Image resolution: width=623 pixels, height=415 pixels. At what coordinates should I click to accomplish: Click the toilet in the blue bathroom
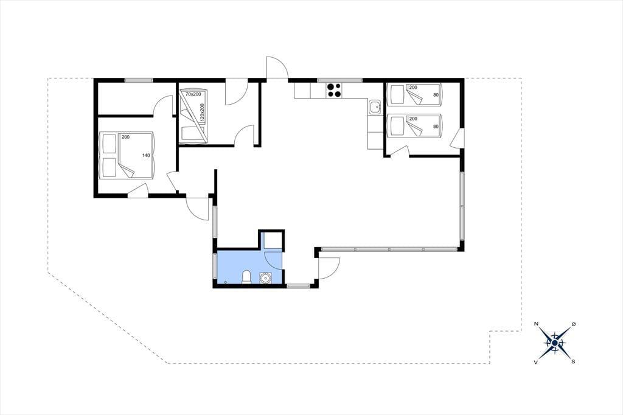[247, 277]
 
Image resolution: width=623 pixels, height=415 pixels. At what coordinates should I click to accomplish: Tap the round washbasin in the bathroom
[265, 277]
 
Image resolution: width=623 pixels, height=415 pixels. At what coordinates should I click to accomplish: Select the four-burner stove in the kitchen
[334, 90]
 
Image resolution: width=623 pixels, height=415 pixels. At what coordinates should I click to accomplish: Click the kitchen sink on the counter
[374, 107]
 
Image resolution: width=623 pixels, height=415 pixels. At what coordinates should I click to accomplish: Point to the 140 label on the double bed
[146, 155]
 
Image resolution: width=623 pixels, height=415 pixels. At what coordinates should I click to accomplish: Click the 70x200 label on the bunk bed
[193, 94]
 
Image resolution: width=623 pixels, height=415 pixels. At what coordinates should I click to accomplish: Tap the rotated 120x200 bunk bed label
[201, 113]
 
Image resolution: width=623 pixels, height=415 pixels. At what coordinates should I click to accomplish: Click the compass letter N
[537, 324]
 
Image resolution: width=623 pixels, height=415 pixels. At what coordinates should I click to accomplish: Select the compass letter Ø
[573, 324]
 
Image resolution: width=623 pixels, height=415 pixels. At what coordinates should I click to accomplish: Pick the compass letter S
[573, 361]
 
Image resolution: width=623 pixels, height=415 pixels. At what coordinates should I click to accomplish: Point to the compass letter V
[536, 361]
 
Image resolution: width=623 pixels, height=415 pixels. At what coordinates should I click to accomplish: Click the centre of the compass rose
[555, 343]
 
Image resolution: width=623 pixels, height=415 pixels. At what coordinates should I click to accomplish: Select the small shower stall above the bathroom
[272, 240]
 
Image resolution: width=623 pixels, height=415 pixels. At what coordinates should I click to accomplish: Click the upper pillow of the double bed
[108, 144]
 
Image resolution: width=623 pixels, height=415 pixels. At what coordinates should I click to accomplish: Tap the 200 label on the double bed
[125, 137]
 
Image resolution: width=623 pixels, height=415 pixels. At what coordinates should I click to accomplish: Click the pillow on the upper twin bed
[397, 94]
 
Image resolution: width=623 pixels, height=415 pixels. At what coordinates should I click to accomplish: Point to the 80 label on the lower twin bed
[436, 127]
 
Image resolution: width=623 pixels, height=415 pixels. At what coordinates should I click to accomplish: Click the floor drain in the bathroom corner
[226, 282]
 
